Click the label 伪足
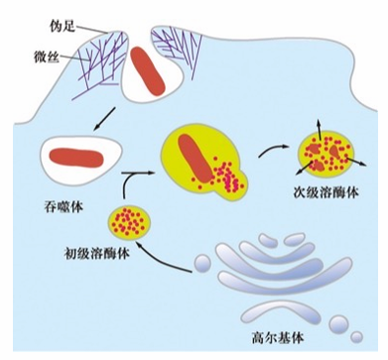click(63, 27)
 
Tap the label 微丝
click(47, 58)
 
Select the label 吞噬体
click(64, 207)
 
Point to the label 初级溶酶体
click(96, 254)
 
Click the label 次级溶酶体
click(326, 192)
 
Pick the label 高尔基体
click(278, 338)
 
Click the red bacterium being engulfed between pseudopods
click(148, 70)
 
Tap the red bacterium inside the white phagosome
click(76, 158)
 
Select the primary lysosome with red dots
click(130, 222)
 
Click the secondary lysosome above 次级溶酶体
click(326, 156)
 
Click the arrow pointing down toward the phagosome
click(104, 118)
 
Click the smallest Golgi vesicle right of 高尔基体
click(357, 337)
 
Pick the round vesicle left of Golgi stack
click(202, 263)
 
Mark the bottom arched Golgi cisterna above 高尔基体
click(281, 310)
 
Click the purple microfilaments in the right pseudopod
click(177, 52)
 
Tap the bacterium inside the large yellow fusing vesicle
click(195, 158)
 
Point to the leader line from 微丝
click(75, 59)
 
